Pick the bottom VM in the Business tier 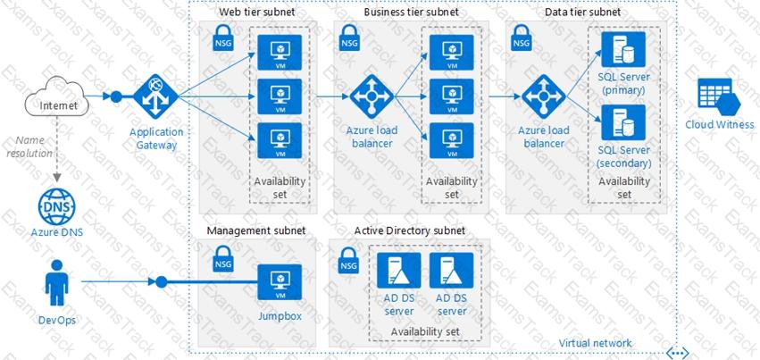tap(452, 140)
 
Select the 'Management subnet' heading tap(255, 230)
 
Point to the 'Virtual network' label tap(595, 343)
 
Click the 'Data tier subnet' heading tap(583, 12)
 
